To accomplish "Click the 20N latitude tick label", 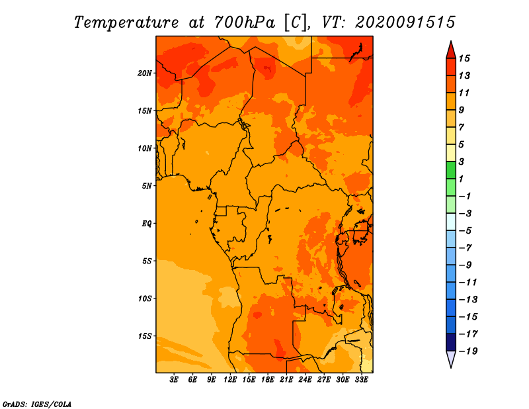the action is (145, 73).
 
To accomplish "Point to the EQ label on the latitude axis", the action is (146, 224).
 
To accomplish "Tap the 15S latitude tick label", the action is (145, 336).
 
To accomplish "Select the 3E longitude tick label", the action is (174, 379).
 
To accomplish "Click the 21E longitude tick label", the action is (286, 379).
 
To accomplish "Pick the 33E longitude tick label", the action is (361, 379).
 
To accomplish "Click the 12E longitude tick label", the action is (230, 379).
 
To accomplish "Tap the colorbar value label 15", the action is (464, 58).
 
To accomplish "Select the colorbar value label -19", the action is (468, 351).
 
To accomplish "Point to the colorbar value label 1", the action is (461, 179).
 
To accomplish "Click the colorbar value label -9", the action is (466, 265).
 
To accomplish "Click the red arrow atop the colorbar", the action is (451, 50).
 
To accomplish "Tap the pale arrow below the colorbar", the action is (451, 359).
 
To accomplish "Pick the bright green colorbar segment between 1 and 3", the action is (451, 170).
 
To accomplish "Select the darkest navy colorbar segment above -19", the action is (451, 342).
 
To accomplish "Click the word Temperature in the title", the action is (126, 23).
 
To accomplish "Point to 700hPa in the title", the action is (244, 23).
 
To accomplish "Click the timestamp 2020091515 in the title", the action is (405, 23).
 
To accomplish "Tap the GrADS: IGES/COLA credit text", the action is (37, 404).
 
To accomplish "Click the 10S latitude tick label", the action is (145, 298).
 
